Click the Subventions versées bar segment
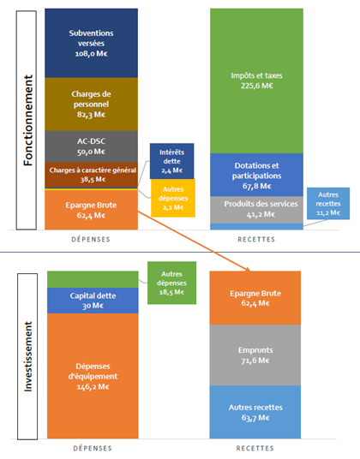click(91, 43)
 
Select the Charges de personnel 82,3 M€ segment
click(91, 104)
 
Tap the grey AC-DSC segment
click(91, 146)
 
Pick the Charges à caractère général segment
click(91, 175)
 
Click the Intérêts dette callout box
click(172, 161)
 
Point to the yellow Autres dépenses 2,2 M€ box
click(173, 198)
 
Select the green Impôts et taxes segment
click(256, 80)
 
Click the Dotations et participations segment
click(256, 175)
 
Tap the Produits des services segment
click(256, 210)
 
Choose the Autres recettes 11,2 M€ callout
click(328, 204)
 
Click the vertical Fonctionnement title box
click(27, 120)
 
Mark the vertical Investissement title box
click(27, 356)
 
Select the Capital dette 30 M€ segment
click(93, 301)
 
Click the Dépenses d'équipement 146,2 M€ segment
click(93, 376)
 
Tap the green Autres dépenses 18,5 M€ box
click(171, 283)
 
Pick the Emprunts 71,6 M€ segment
click(255, 355)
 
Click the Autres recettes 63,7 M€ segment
click(255, 412)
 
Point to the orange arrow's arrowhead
click(248, 269)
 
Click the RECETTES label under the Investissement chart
click(255, 448)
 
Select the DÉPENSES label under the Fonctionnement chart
click(91, 239)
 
